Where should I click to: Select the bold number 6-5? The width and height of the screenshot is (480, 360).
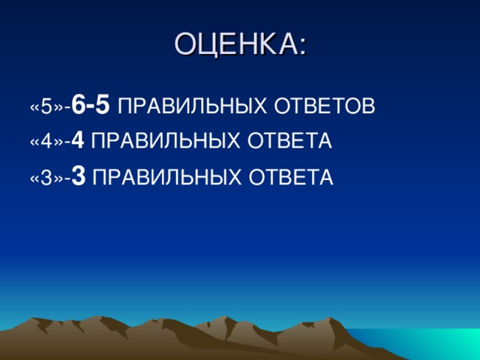point(93,106)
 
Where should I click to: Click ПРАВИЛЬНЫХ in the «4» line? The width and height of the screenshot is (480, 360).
point(162,142)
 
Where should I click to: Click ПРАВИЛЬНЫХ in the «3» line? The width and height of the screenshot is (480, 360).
point(162,177)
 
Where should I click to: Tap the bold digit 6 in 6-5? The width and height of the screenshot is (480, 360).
point(80,106)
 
